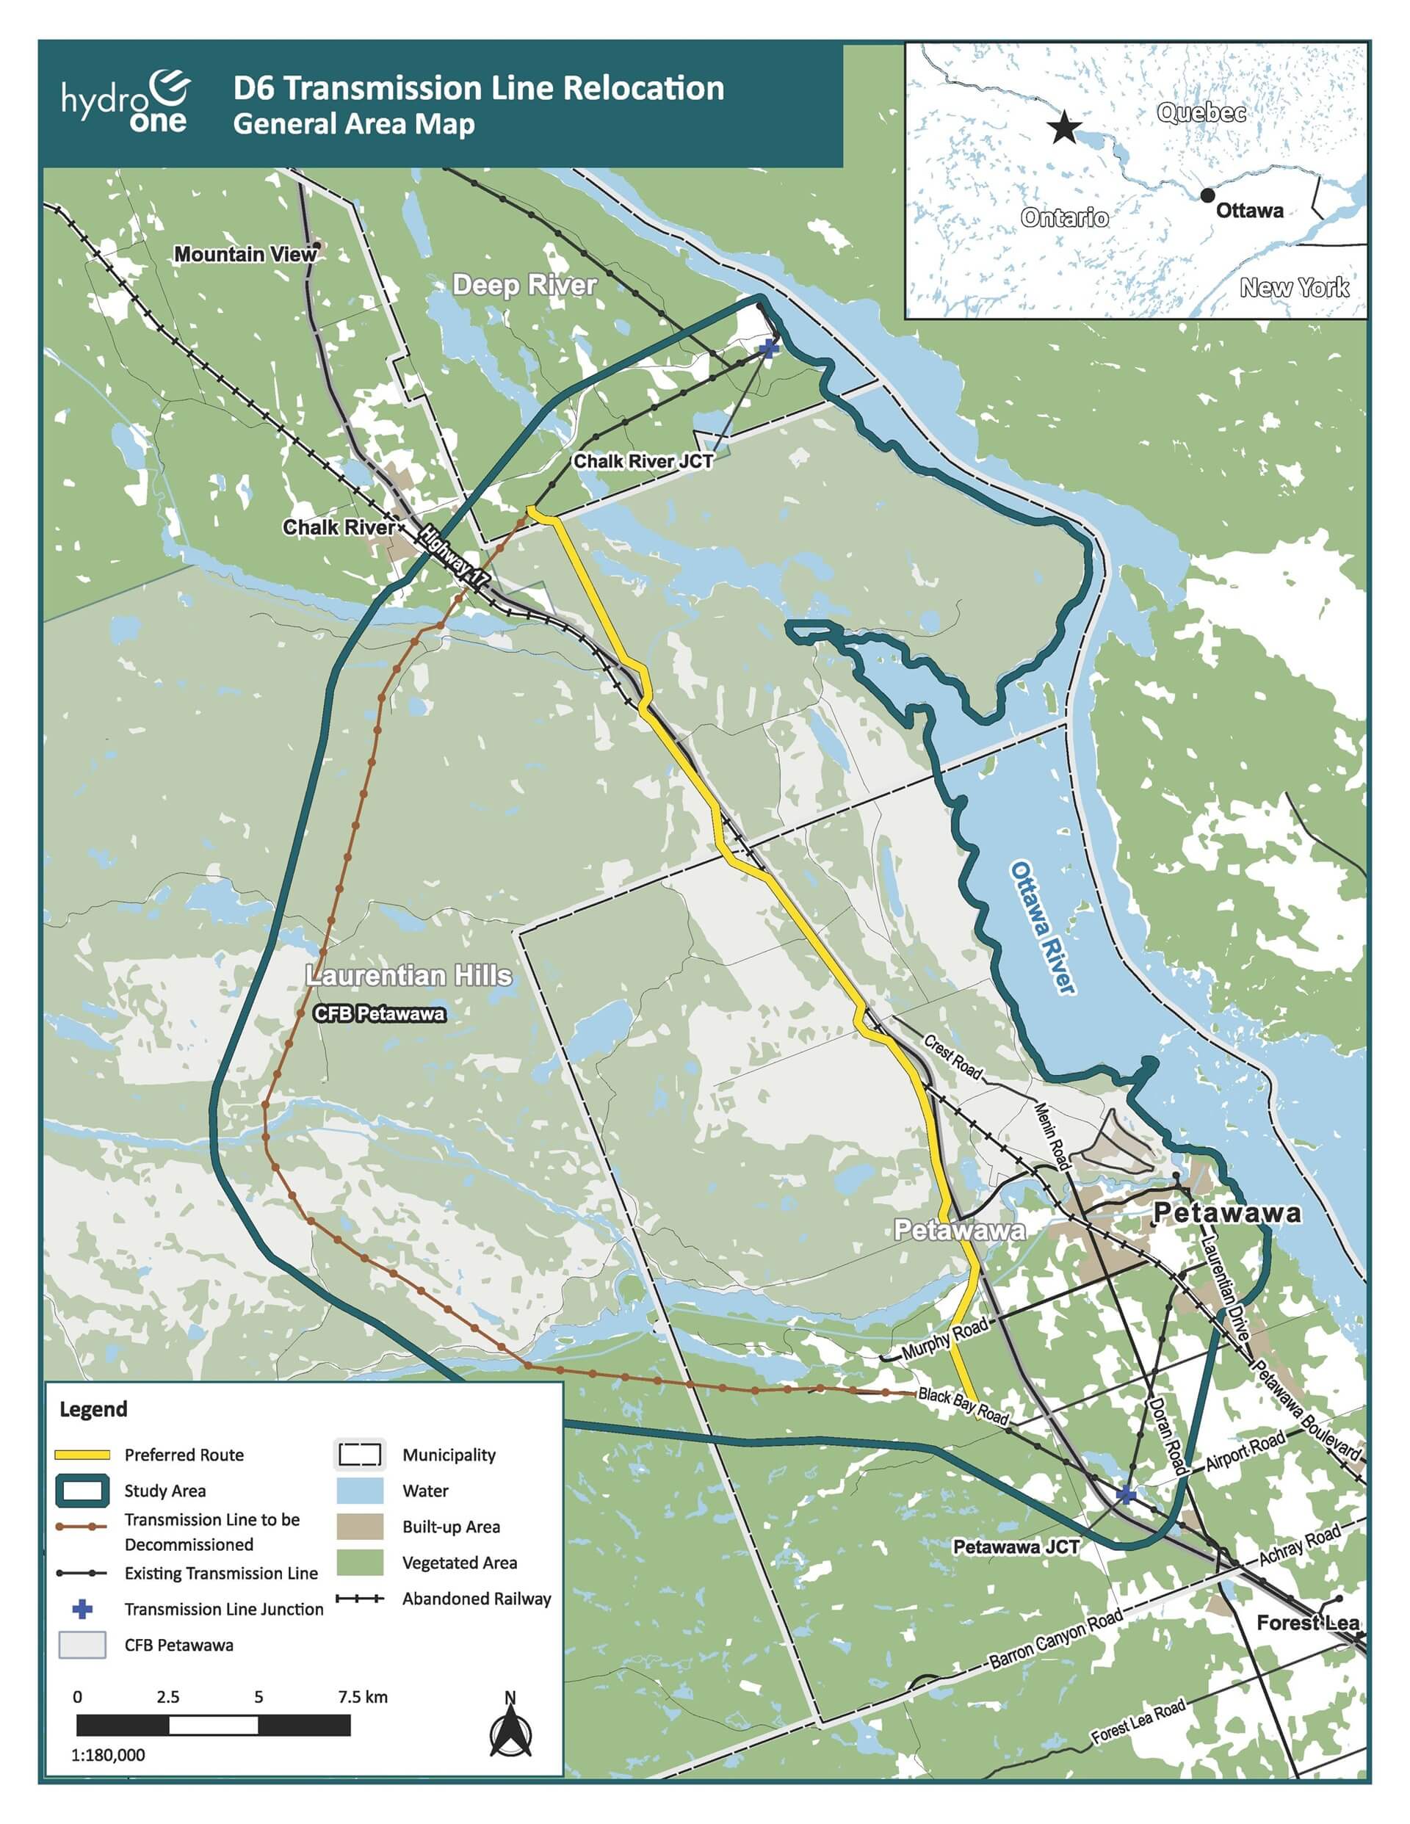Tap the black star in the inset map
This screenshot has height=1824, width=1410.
(1065, 128)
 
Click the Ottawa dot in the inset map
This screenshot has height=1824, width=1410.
(1207, 195)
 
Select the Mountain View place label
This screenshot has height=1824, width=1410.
(245, 254)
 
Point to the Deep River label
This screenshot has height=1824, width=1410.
(524, 285)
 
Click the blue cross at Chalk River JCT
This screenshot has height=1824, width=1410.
(768, 347)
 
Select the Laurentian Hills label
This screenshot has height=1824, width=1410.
(408, 975)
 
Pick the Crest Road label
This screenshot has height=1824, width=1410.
(953, 1057)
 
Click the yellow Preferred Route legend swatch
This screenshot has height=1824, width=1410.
(82, 1454)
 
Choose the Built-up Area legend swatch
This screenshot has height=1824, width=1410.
(359, 1526)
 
